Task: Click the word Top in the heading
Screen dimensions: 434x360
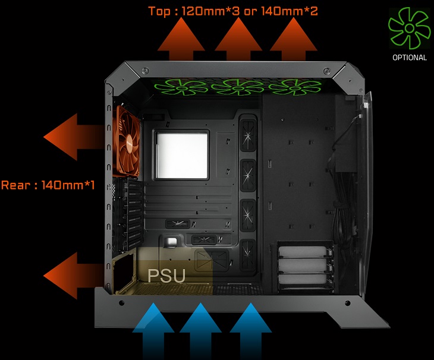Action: [x=159, y=11]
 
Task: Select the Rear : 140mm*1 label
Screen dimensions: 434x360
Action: [x=48, y=185]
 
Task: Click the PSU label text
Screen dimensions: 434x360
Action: [x=166, y=276]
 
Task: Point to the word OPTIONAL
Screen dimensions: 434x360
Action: [x=410, y=58]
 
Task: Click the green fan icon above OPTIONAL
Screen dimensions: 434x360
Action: [x=410, y=28]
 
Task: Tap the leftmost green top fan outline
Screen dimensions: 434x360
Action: [x=181, y=87]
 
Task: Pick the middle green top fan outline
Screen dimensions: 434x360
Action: [x=237, y=87]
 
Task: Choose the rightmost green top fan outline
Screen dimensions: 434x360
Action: [x=295, y=87]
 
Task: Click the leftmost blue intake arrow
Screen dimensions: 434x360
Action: [x=153, y=330]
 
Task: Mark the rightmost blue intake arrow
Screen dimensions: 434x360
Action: [x=251, y=330]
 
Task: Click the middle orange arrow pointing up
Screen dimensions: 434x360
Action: [x=238, y=39]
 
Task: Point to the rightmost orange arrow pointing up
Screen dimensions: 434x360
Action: [x=293, y=39]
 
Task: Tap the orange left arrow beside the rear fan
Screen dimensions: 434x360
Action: [x=74, y=137]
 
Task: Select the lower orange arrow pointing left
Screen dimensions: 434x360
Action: [x=74, y=276]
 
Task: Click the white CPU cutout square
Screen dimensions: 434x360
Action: [x=182, y=155]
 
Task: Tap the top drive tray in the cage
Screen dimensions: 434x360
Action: [x=304, y=252]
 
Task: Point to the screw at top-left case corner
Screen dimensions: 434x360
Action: [x=145, y=70]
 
